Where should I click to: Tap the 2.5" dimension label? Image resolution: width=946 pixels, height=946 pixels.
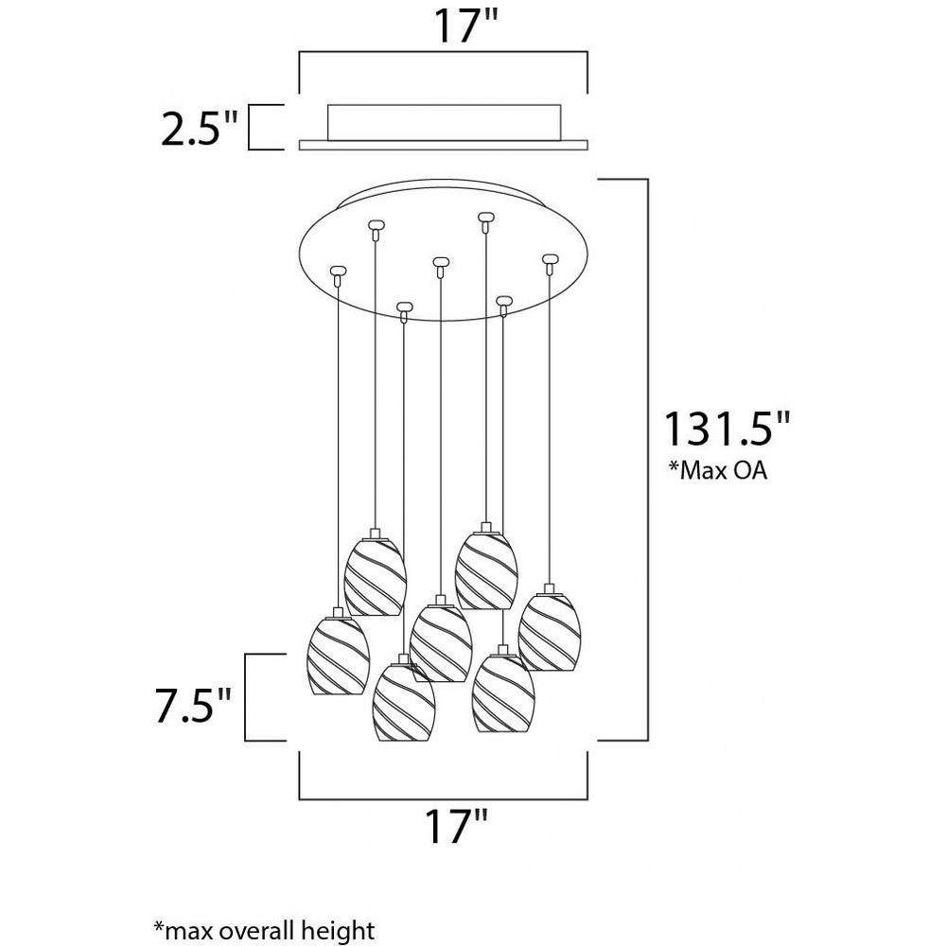(199, 128)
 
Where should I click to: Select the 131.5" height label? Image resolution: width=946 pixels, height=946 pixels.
(727, 428)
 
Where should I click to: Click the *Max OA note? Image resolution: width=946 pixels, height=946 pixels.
(717, 470)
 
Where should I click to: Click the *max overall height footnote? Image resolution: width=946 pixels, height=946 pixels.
(264, 929)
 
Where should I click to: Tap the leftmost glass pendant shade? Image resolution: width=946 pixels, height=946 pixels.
(338, 657)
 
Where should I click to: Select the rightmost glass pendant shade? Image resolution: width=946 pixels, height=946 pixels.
(549, 632)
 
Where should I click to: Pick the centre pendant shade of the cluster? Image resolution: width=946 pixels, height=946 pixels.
(441, 643)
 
